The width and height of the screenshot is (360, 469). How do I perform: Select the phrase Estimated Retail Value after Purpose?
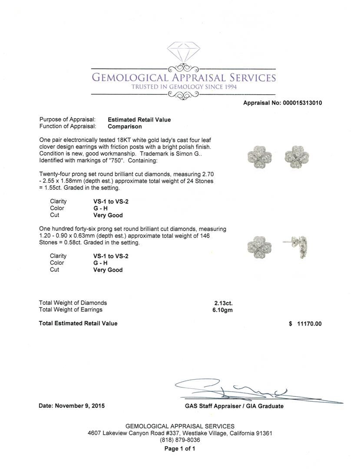[x=139, y=120]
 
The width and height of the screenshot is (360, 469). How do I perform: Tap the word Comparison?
[x=125, y=127]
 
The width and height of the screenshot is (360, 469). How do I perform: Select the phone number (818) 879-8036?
[x=180, y=440]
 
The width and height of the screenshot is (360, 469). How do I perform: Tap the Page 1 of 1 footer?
[x=180, y=449]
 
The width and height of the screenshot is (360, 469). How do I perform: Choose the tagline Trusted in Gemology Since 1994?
[x=184, y=87]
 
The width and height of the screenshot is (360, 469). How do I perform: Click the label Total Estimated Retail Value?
[x=78, y=324]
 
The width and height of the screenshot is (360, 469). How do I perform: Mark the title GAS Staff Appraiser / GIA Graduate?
[x=234, y=406]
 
